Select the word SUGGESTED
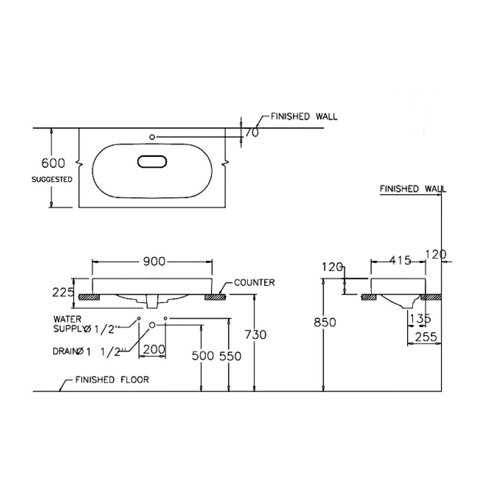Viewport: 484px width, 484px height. point(52,180)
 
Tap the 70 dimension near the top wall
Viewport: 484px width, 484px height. point(252,132)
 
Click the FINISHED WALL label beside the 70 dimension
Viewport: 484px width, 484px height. point(304,117)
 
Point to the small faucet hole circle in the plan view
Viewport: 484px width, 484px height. point(152,137)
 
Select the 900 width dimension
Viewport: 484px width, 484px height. point(153,261)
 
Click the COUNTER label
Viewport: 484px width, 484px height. point(254,282)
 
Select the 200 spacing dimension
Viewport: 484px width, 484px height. point(154,350)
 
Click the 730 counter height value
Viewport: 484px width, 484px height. point(255,334)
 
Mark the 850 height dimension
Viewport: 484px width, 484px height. point(324,322)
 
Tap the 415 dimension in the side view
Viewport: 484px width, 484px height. point(400,261)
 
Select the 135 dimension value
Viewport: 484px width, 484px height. point(420,319)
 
